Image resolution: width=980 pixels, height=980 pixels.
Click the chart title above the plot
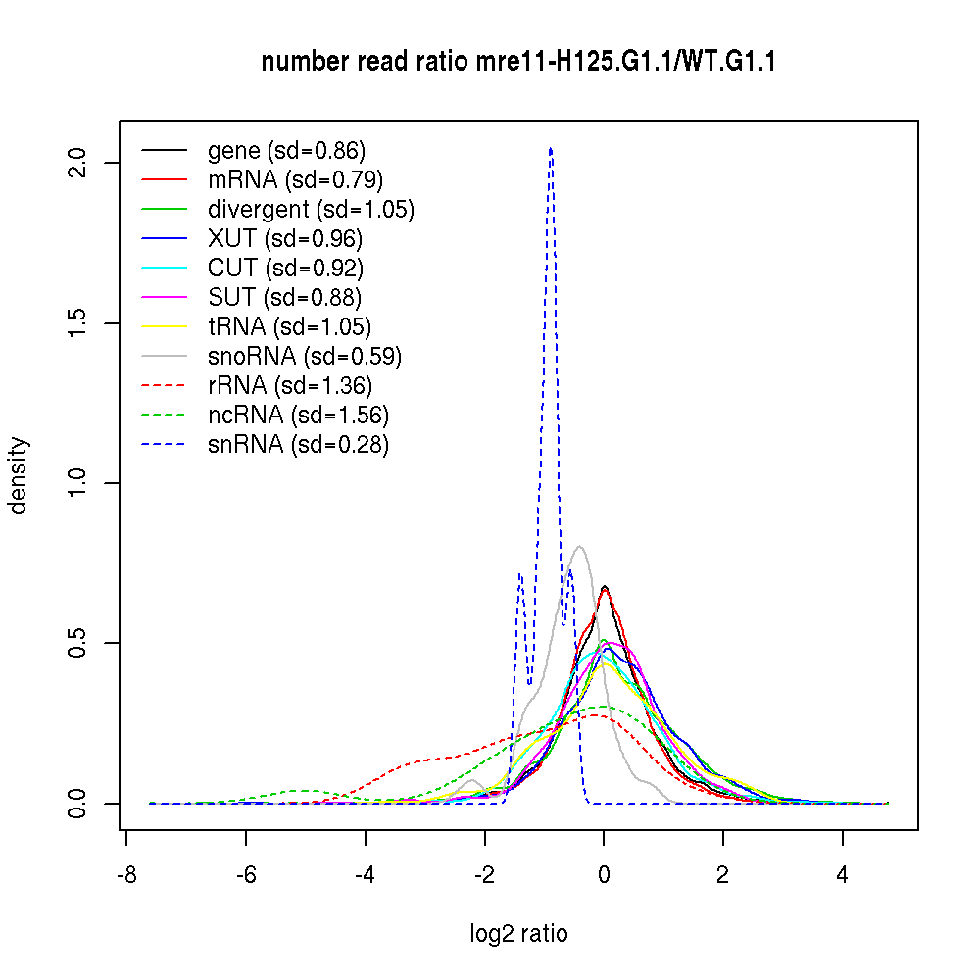[x=518, y=63]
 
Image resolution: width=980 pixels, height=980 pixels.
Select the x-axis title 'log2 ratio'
[x=518, y=933]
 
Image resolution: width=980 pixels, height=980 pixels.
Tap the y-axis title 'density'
[x=19, y=475]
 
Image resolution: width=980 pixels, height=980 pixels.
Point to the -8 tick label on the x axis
[x=126, y=875]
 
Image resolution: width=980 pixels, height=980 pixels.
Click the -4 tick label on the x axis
[x=365, y=875]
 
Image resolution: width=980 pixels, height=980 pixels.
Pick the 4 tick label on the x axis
[x=842, y=875]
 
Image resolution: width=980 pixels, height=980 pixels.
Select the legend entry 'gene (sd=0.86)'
[x=286, y=151]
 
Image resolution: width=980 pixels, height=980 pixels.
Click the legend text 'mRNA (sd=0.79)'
[x=295, y=180]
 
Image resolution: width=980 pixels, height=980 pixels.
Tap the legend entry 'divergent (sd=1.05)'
[x=311, y=210]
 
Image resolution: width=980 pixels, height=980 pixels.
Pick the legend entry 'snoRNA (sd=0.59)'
[x=305, y=357]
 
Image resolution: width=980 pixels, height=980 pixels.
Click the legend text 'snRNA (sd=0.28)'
[x=298, y=445]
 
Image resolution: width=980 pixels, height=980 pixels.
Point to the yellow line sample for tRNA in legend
[x=165, y=327]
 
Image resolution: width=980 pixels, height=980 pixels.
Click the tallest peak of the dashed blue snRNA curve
[x=551, y=148]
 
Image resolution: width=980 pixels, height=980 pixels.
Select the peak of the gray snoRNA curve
[x=580, y=547]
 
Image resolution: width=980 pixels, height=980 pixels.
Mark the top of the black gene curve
[x=605, y=587]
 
